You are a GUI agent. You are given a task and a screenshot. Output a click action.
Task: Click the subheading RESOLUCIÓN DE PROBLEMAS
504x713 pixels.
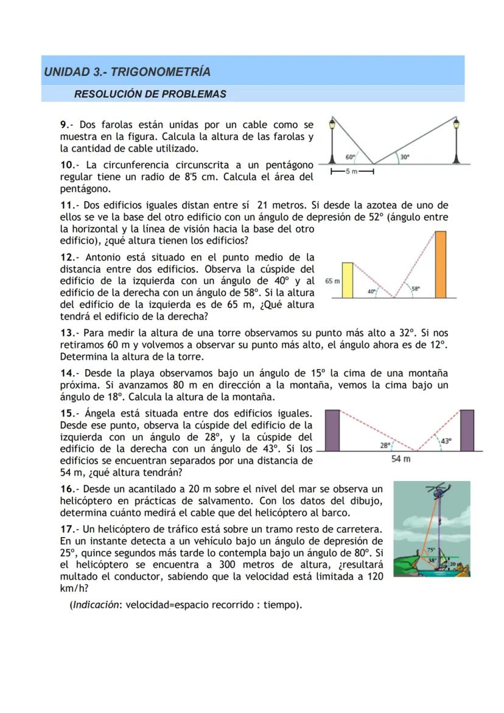[150, 94]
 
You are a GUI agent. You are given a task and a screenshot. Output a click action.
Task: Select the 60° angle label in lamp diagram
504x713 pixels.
[350, 156]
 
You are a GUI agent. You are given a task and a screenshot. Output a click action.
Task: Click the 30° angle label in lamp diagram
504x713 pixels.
[404, 156]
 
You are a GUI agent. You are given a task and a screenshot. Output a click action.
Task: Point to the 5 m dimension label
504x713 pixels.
[351, 172]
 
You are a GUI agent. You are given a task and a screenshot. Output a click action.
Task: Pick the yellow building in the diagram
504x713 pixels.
[348, 280]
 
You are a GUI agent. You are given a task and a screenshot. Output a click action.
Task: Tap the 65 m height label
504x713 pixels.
[332, 282]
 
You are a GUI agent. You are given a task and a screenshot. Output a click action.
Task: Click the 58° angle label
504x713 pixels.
[416, 290]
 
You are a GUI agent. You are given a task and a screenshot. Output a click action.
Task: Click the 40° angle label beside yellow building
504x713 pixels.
[371, 292]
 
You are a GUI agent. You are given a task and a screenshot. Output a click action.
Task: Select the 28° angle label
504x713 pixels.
[385, 445]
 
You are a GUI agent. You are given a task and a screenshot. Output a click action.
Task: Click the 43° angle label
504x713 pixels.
[446, 441]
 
